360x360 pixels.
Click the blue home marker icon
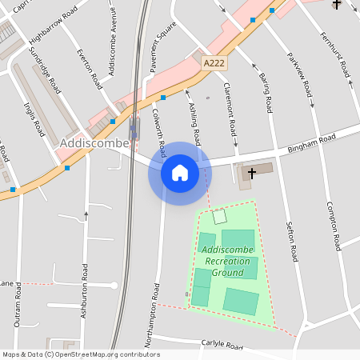point(179,172)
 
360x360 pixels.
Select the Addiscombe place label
point(90,142)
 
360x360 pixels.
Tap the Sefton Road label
point(292,243)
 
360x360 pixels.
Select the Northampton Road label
point(150,314)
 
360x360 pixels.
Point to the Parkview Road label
point(302,76)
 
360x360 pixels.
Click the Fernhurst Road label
point(335,55)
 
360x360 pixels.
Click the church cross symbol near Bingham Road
point(253,172)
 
